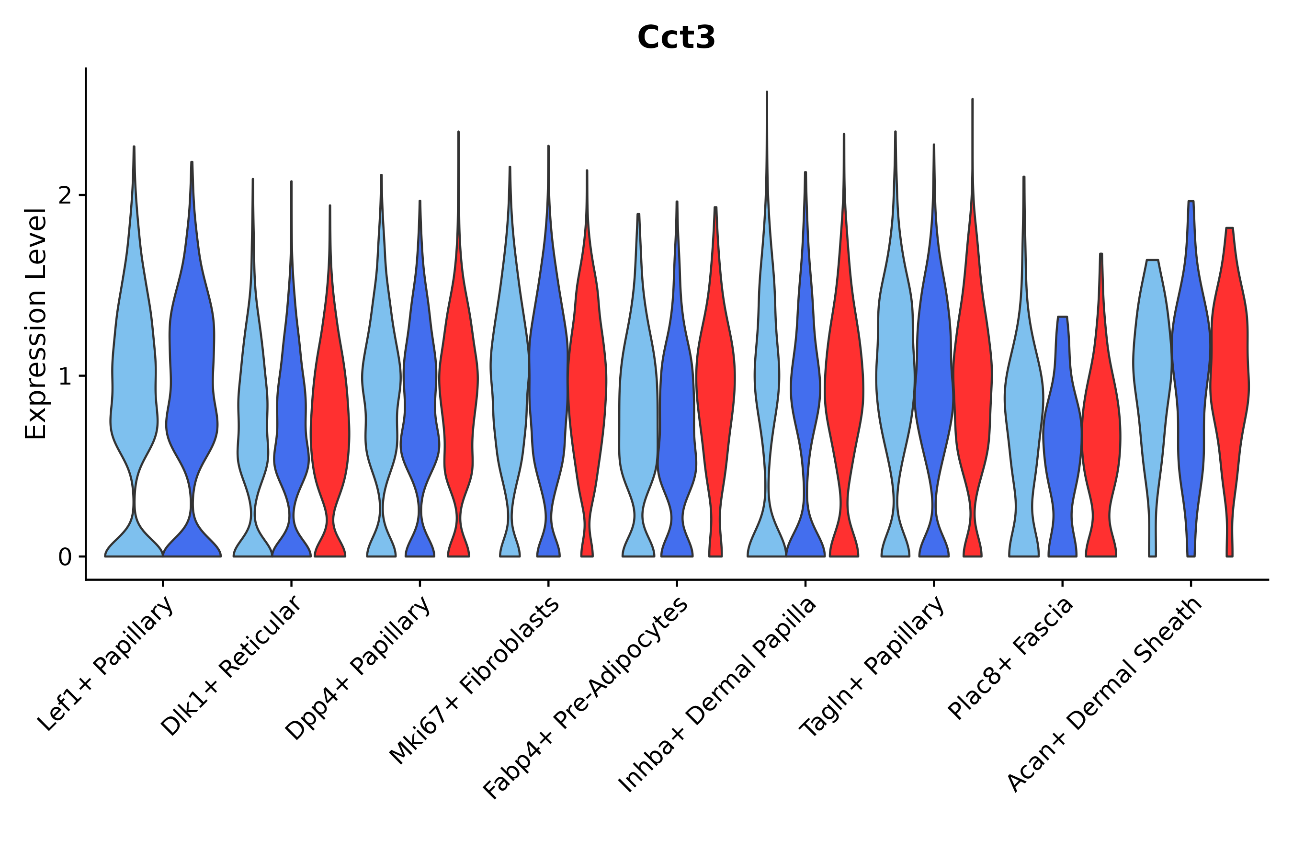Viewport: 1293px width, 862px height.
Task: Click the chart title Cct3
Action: [x=676, y=38]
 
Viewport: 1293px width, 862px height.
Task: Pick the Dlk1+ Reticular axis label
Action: [x=231, y=666]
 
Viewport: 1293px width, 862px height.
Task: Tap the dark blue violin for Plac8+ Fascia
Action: [x=1062, y=440]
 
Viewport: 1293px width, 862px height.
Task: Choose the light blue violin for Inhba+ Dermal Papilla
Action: [x=766, y=385]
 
